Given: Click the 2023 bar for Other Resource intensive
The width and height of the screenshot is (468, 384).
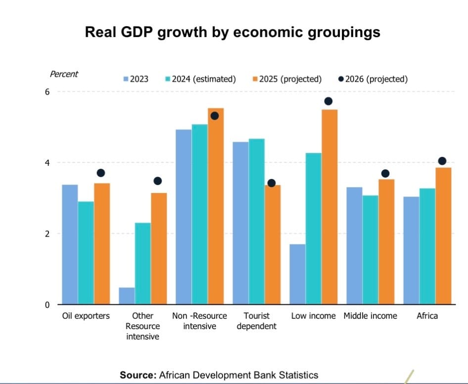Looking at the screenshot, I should [127, 296].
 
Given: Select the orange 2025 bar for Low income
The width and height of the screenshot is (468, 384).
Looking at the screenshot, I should [329, 207].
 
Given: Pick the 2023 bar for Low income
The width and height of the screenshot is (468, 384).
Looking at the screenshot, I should [297, 274].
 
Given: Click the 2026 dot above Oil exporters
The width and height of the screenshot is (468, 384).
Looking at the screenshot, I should [101, 173].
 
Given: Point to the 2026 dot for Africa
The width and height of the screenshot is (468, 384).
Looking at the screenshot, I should [442, 161].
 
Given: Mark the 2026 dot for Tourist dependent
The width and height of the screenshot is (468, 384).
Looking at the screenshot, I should [271, 183].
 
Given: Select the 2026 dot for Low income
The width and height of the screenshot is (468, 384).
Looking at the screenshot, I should [328, 101].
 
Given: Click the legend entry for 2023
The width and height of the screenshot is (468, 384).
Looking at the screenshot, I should [136, 79].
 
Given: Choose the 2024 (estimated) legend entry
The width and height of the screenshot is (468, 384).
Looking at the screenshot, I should [200, 79].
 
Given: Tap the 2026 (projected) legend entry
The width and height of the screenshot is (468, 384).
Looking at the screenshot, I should [373, 79].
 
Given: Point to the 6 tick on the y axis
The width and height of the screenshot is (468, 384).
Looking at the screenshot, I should [48, 92].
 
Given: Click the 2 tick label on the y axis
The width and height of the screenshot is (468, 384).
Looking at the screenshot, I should [48, 234].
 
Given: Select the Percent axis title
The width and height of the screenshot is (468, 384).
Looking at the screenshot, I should [64, 74].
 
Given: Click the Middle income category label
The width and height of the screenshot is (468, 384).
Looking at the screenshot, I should [370, 316].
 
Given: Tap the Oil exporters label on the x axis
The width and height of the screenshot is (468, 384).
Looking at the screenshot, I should [86, 316].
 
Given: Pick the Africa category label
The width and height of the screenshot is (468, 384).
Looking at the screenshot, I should [427, 316].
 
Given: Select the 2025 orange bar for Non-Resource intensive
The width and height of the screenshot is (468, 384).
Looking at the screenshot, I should [216, 206].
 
